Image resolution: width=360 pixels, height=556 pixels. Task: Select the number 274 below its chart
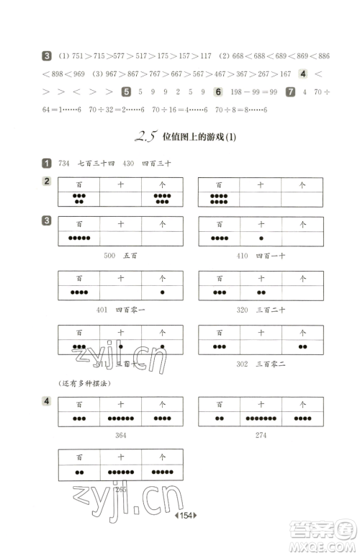[261, 435]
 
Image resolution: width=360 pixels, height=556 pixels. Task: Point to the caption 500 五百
[120, 256]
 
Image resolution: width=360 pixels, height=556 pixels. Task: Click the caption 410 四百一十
[261, 256]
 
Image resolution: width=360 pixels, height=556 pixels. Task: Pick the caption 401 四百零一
[120, 310]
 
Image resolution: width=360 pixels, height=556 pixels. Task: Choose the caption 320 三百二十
[261, 310]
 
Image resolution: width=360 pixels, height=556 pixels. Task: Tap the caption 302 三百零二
[261, 364]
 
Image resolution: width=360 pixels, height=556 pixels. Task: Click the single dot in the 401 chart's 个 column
[163, 292]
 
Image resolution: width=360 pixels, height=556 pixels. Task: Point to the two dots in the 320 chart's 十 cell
[261, 292]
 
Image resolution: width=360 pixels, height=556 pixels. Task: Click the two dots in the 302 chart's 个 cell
[302, 346]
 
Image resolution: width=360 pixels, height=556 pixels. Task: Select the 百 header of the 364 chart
[78, 403]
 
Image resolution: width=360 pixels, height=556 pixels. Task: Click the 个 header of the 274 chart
[302, 403]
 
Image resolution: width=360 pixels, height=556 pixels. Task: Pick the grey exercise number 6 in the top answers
[217, 91]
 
